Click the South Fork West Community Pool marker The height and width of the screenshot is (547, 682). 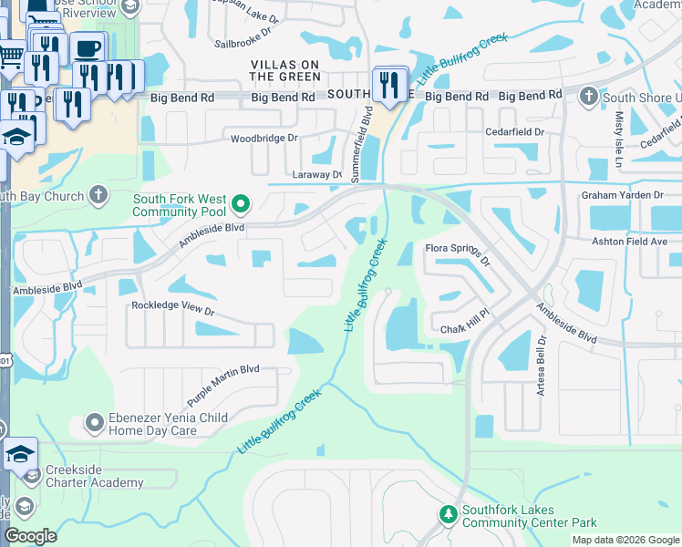point(241,204)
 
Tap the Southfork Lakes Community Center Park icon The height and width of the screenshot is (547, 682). point(448,515)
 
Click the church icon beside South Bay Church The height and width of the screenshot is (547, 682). point(98,195)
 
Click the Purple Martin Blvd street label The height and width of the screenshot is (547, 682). point(223,385)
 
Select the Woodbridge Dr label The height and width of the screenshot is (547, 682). point(264,138)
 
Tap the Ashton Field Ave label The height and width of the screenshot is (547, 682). point(629,241)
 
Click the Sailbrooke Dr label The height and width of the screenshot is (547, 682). point(243,42)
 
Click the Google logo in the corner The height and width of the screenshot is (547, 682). point(31,536)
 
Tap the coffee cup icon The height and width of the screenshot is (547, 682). point(88,48)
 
